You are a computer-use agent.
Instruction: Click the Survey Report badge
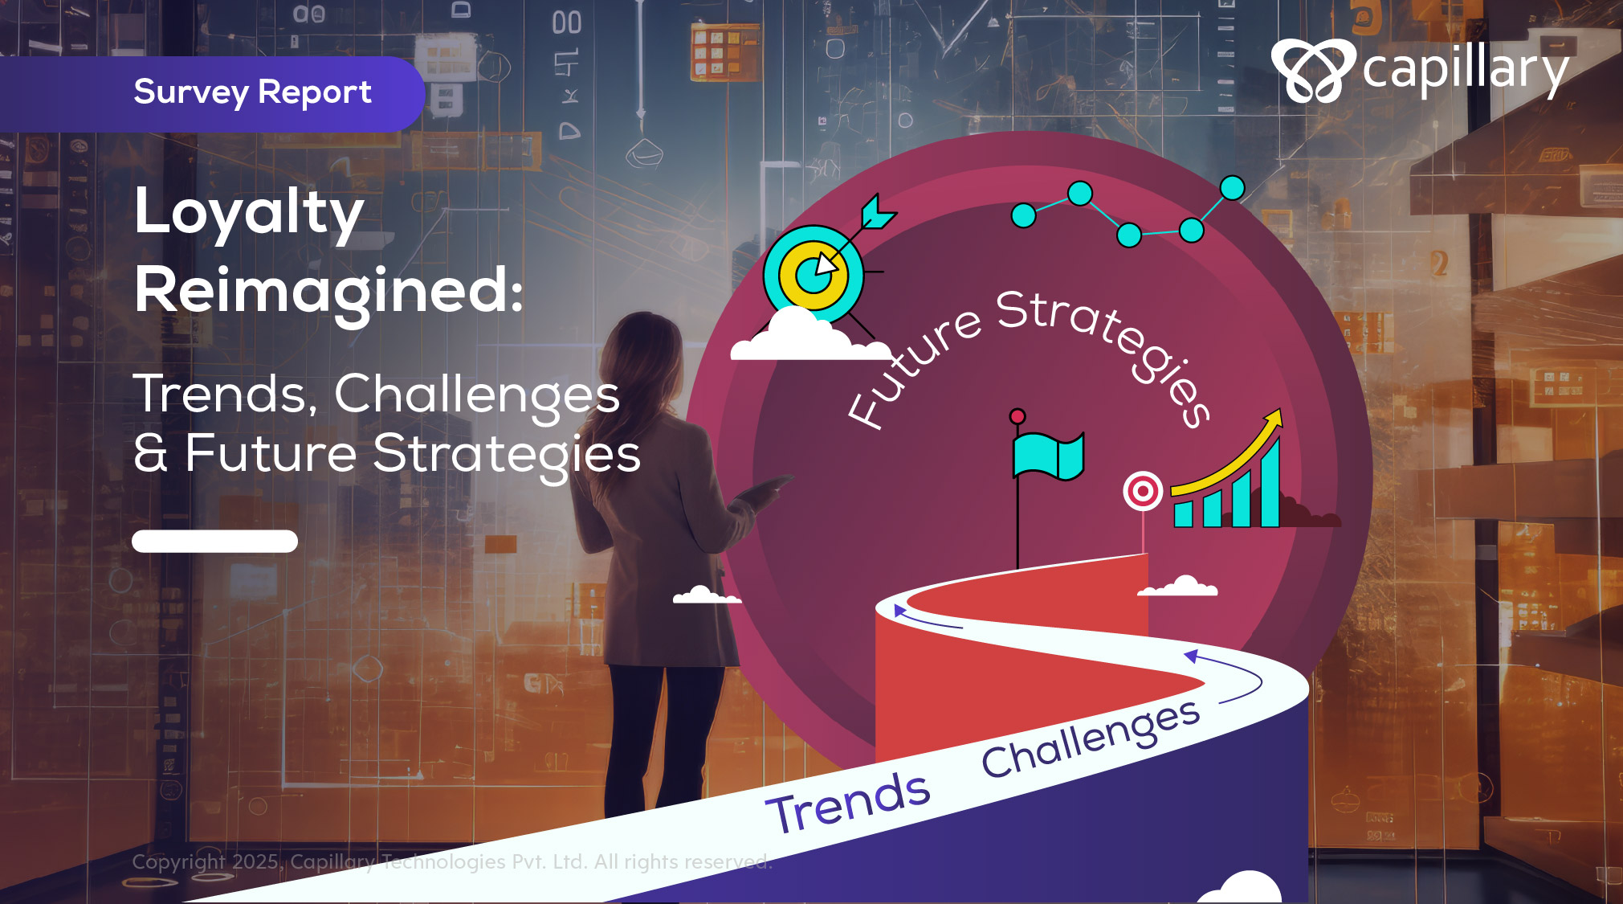pyautogui.click(x=212, y=94)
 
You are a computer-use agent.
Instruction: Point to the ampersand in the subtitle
pyautogui.click(x=151, y=452)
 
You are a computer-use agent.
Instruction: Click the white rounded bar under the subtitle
pyautogui.click(x=214, y=541)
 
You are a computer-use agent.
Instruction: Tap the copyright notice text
pyautogui.click(x=452, y=861)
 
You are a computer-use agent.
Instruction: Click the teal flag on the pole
pyautogui.click(x=1048, y=456)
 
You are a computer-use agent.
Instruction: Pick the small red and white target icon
pyautogui.click(x=1143, y=490)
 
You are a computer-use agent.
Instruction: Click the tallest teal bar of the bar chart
pyautogui.click(x=1270, y=482)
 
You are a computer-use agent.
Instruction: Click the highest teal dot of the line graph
pyautogui.click(x=1232, y=188)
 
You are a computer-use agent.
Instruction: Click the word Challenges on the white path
pyautogui.click(x=1091, y=738)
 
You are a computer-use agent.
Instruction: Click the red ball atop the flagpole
pyautogui.click(x=1017, y=416)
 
